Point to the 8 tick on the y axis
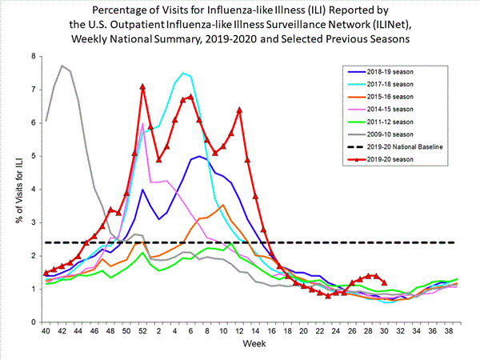tap(35, 57)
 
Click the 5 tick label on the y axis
tap(35, 156)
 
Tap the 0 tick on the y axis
tap(35, 322)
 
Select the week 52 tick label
tap(142, 330)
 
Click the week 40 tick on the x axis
tap(46, 330)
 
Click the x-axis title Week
tap(254, 345)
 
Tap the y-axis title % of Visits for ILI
tap(14, 189)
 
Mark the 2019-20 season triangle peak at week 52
tap(142, 86)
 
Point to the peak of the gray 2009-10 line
tap(62, 66)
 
